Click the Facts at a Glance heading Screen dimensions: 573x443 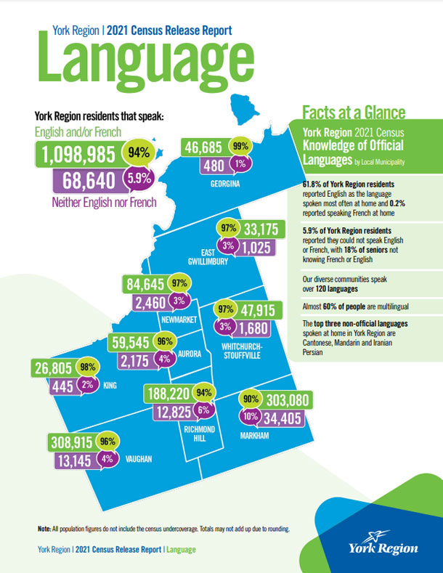(x=353, y=113)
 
